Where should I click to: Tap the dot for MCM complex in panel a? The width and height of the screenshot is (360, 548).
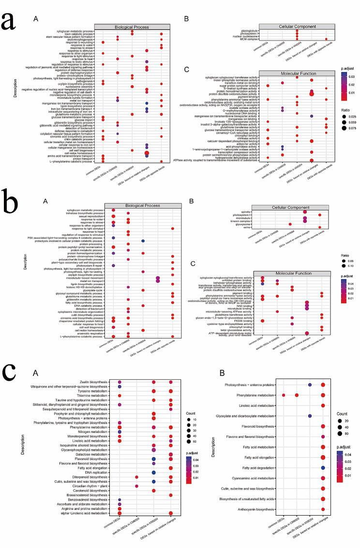click(327, 39)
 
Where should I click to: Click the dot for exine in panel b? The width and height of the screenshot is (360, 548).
click(320, 227)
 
